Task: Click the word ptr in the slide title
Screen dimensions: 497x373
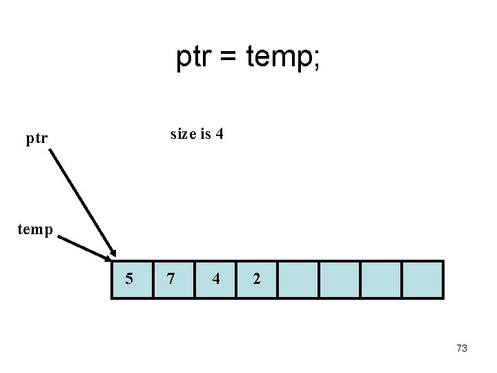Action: pos(194,58)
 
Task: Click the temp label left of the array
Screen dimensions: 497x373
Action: pos(35,229)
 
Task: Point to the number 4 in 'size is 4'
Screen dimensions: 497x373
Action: pos(219,134)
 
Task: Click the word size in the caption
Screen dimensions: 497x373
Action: pos(183,134)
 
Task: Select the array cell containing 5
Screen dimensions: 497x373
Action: pos(132,279)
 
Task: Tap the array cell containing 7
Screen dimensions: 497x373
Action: pos(173,279)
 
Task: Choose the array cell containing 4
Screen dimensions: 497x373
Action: pos(215,279)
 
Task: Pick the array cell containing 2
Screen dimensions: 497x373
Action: pos(256,279)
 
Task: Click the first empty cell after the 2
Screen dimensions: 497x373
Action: pos(298,279)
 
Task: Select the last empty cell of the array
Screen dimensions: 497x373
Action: pos(422,279)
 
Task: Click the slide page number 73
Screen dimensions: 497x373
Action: pos(462,348)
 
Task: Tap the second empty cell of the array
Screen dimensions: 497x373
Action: pos(339,279)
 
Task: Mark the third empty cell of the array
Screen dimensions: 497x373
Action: pos(380,279)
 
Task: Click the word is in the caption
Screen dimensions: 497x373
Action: pos(205,134)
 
